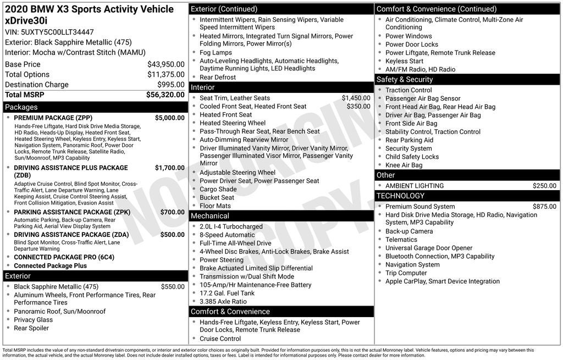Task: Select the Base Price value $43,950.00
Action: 165,64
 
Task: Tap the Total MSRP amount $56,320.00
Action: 165,95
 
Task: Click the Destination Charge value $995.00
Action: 171,85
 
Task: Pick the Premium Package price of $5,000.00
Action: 169,118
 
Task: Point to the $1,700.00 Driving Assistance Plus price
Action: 169,168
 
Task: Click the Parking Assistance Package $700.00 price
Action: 172,212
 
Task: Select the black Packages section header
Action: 95,107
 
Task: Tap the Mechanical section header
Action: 281,216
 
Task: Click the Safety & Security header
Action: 467,80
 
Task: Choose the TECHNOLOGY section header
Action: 467,196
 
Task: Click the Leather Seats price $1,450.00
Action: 356,98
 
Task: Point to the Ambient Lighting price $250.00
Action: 544,186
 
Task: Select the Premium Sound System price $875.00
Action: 544,207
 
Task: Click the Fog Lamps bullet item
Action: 216,53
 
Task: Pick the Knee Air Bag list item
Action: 404,165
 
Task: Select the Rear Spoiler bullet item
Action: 31,328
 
